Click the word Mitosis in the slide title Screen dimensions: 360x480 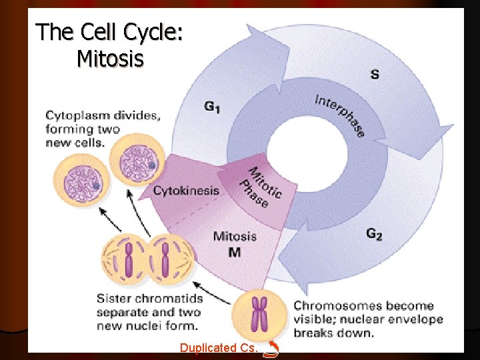pyautogui.click(x=110, y=59)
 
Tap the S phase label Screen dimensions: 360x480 pyautogui.click(x=375, y=74)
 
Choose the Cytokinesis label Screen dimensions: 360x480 pyautogui.click(x=186, y=191)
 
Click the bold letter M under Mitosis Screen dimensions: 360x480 pyautogui.click(x=235, y=251)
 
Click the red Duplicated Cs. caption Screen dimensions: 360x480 pyautogui.click(x=217, y=347)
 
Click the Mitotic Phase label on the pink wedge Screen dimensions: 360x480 pyautogui.click(x=259, y=186)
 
